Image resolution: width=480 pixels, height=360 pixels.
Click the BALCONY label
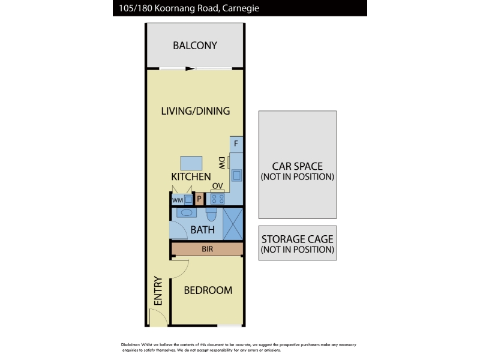pos(195,46)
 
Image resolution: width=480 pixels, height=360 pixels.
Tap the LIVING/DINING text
pos(196,111)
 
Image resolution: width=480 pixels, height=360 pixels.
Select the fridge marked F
pos(236,144)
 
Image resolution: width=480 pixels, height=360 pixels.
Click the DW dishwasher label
pos(222,163)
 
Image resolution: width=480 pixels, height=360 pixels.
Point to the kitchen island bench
pos(191,163)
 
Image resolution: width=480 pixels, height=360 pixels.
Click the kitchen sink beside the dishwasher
pos(236,175)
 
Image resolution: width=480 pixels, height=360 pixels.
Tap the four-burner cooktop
pos(218,199)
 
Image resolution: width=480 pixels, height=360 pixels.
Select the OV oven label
pos(218,186)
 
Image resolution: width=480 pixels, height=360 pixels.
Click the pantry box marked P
pos(199,199)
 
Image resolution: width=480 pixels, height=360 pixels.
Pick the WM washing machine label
pos(178,200)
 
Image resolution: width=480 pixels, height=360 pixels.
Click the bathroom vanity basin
pos(187,212)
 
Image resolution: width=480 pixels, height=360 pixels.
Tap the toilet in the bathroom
pos(211,214)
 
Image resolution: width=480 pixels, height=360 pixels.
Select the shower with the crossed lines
pos(233,224)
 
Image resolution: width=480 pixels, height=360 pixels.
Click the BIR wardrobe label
pos(207,249)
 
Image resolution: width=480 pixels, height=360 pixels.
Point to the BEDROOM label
pos(208,290)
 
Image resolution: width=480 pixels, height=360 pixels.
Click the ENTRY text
pos(158,291)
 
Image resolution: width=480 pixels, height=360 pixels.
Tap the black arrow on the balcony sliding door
pos(190,68)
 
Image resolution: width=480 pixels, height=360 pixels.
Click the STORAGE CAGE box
pos(298,243)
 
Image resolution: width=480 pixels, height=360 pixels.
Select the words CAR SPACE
pos(297,166)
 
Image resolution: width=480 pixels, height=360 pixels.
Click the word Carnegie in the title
pos(241,8)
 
